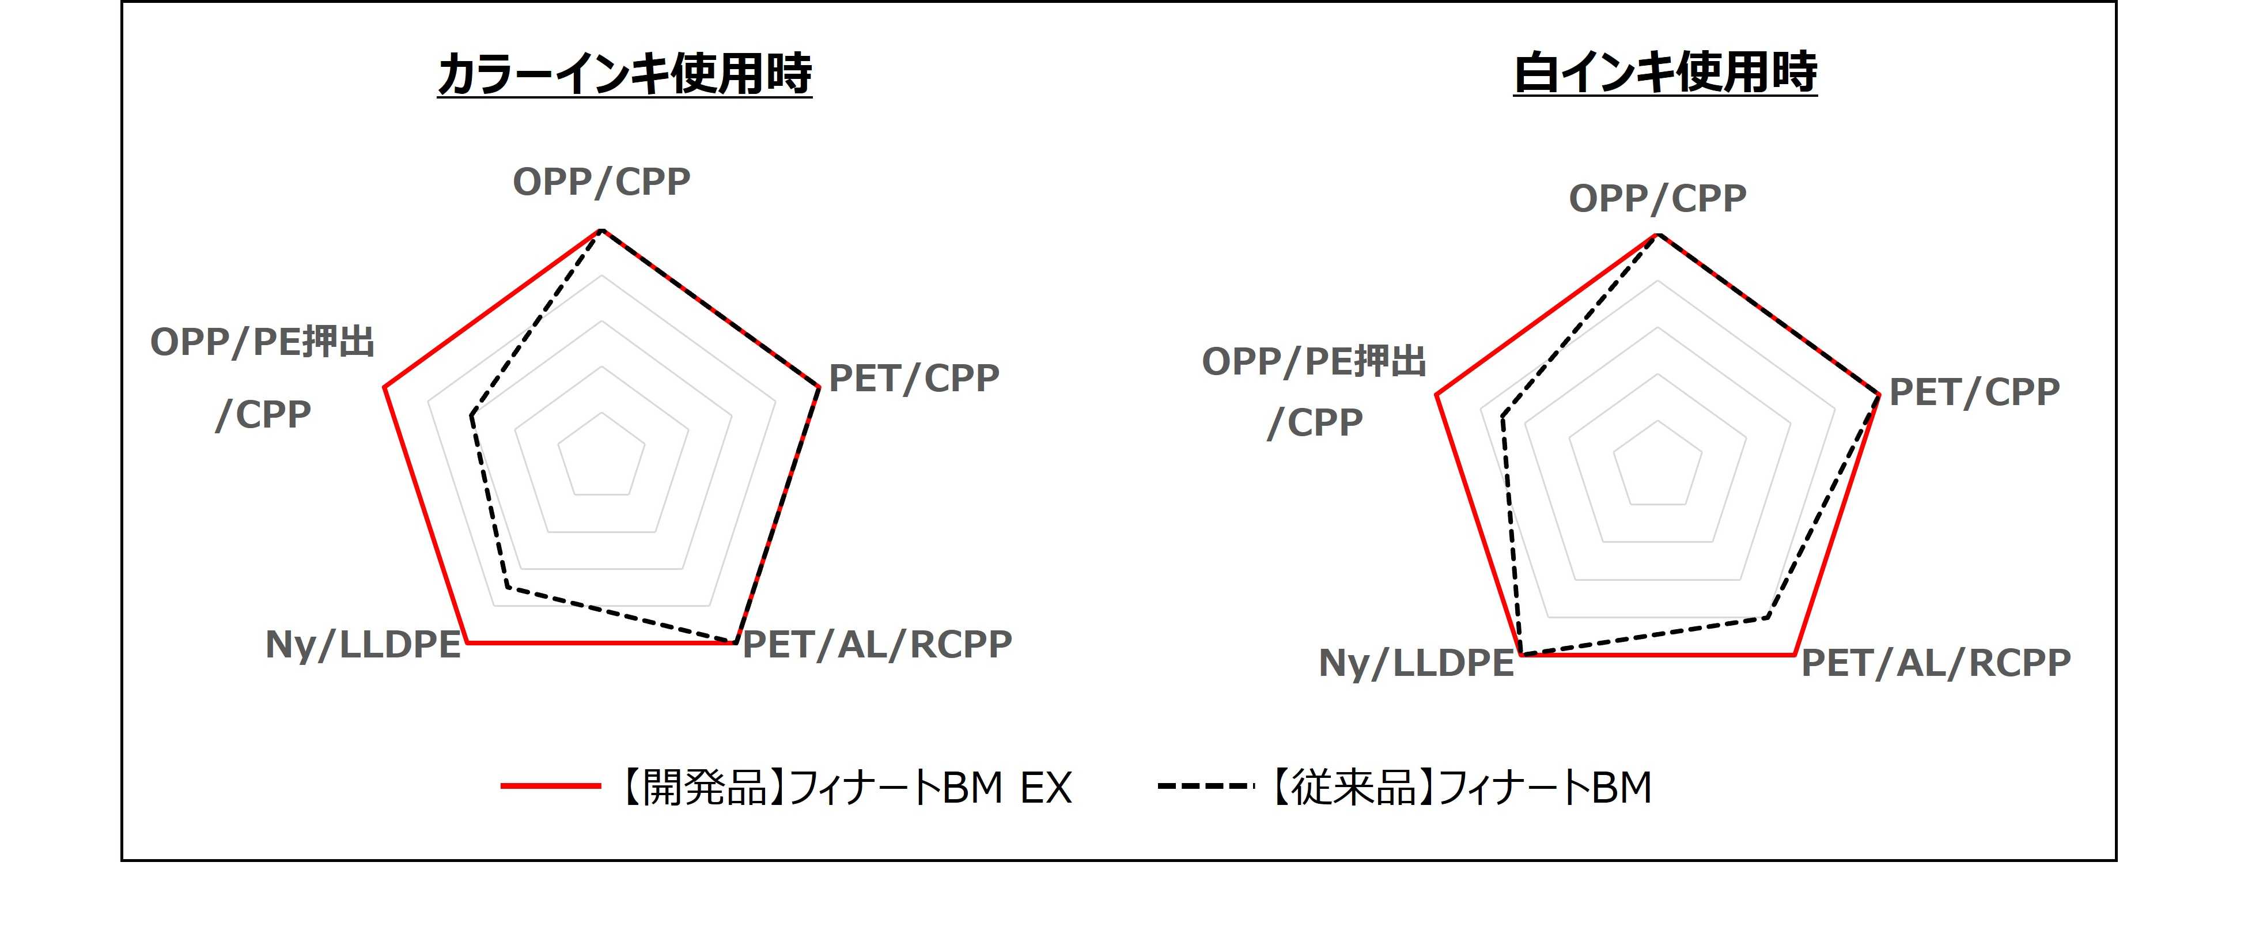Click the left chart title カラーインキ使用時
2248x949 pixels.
click(x=625, y=73)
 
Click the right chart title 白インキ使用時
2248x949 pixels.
click(x=1665, y=73)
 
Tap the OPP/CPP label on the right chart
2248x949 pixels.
click(x=1657, y=199)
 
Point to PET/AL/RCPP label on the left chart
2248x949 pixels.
click(x=877, y=644)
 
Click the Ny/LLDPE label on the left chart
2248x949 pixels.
click(x=363, y=646)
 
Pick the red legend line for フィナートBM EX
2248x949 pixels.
click(x=551, y=787)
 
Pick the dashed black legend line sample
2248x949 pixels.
click(x=1206, y=787)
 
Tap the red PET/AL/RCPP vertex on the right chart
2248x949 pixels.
click(x=1793, y=654)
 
